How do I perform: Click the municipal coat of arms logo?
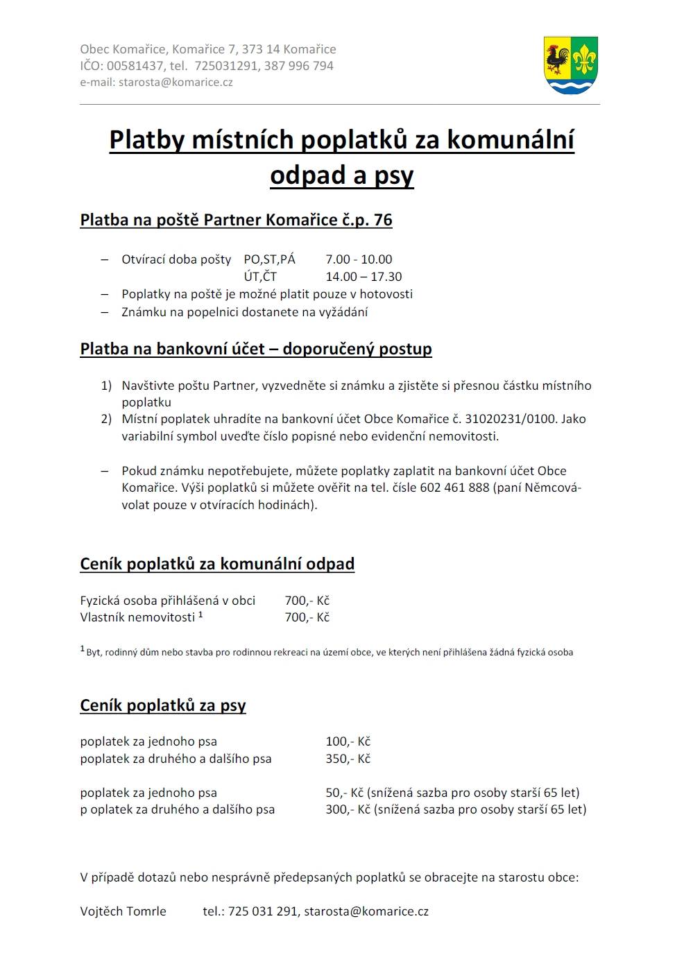(x=571, y=65)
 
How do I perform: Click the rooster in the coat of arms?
(x=557, y=60)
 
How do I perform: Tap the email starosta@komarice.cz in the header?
(x=176, y=82)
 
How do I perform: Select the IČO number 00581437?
(x=135, y=66)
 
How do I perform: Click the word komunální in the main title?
(x=510, y=139)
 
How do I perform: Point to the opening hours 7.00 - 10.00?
(x=359, y=259)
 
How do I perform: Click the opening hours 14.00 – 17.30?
(x=364, y=277)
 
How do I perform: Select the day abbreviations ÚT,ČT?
(x=260, y=277)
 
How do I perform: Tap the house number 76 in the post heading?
(x=383, y=220)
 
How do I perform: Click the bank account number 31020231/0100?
(x=511, y=419)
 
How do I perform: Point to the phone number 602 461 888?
(x=454, y=488)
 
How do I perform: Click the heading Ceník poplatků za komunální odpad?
(x=217, y=564)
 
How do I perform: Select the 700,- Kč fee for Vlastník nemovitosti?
(x=307, y=617)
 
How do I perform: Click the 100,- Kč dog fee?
(x=348, y=741)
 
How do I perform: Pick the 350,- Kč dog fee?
(x=348, y=759)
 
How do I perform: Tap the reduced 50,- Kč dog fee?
(x=344, y=793)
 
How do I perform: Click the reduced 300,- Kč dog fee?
(x=348, y=809)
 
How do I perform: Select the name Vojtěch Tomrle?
(x=123, y=911)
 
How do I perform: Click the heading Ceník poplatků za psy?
(x=163, y=705)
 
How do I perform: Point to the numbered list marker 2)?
(x=106, y=419)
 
